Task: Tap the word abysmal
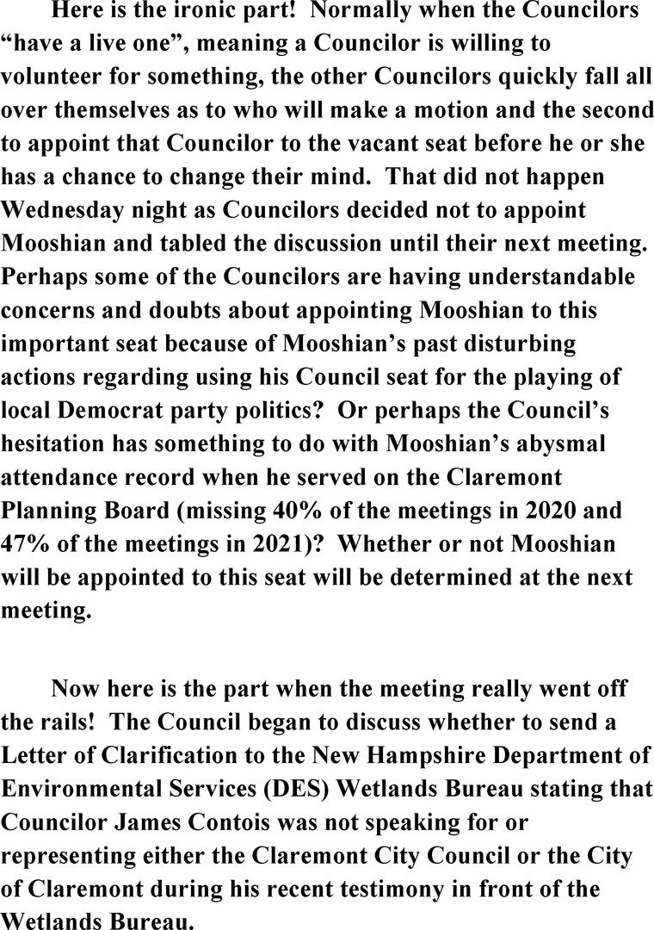click(528, 442)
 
